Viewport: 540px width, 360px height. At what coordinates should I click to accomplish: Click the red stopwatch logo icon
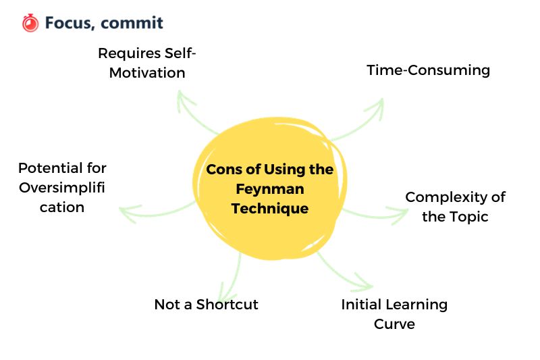click(30, 23)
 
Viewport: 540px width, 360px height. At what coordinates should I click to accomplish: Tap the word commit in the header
click(135, 23)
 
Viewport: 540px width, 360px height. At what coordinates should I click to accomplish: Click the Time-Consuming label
click(428, 70)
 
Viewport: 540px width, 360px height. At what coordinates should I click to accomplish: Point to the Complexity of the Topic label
click(455, 207)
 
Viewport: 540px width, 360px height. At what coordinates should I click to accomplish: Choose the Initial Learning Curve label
click(394, 313)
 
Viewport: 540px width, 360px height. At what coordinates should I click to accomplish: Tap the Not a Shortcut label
click(206, 304)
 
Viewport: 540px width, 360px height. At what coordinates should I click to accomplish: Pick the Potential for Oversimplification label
click(62, 187)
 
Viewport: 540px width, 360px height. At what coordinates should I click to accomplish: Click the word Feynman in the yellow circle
click(269, 189)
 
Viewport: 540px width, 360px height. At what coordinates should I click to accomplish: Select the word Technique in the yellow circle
click(269, 208)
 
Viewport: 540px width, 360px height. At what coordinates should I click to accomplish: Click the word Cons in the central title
click(223, 170)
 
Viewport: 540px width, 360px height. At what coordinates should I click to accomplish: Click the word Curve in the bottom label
click(394, 324)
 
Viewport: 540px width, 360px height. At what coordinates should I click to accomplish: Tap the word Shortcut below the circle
click(227, 304)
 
